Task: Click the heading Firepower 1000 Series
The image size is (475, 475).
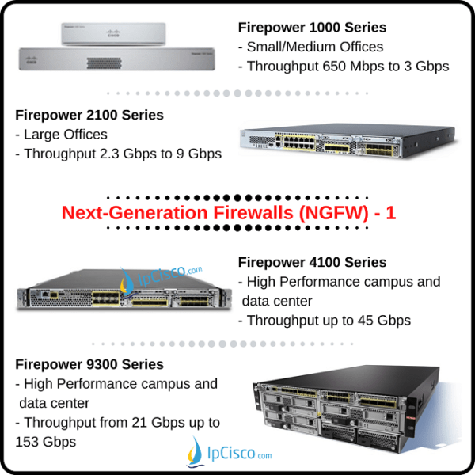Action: [x=312, y=28]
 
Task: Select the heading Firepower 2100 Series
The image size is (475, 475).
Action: [x=89, y=115]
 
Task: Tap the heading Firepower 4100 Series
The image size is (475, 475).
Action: [x=312, y=262]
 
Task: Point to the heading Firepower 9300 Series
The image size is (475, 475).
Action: [x=89, y=364]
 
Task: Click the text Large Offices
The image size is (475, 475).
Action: [x=65, y=135]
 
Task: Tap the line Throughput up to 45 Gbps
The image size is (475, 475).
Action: [x=325, y=321]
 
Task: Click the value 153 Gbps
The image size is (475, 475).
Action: [x=46, y=442]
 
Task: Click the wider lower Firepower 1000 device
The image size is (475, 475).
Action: [x=120, y=59]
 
